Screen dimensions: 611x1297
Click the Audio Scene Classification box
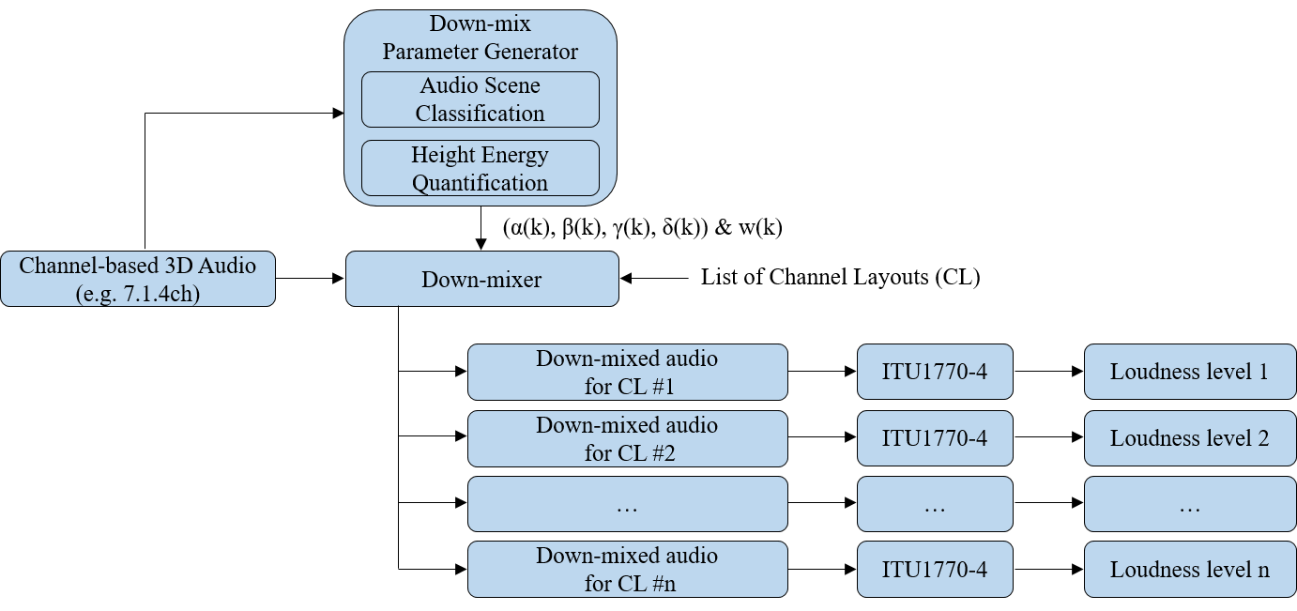click(x=480, y=99)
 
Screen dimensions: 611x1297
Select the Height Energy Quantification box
click(x=480, y=169)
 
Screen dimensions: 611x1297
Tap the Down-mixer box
click(x=481, y=279)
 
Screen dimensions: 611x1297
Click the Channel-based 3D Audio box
click(x=138, y=279)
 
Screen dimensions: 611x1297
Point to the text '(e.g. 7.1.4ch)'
click(x=138, y=293)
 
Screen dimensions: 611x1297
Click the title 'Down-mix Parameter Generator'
click(x=480, y=38)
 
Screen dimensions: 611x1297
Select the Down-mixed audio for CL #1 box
click(x=627, y=373)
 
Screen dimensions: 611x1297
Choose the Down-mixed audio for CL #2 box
click(x=627, y=438)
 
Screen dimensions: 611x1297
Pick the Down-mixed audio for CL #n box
click(x=627, y=569)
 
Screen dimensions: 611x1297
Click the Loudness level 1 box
click(x=1189, y=372)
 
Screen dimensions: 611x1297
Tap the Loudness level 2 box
click(x=1189, y=438)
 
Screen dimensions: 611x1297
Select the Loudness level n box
click(x=1189, y=569)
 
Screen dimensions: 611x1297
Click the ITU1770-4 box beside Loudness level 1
click(x=935, y=372)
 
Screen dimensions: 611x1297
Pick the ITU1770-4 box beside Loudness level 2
click(x=935, y=438)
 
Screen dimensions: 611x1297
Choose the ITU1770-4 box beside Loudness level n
click(x=935, y=569)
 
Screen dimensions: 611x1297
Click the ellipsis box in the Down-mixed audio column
click(x=627, y=504)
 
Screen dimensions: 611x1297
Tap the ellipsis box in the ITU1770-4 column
click(x=935, y=504)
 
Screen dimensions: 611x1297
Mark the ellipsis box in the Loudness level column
click(x=1189, y=504)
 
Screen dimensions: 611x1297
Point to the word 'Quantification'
click(x=480, y=183)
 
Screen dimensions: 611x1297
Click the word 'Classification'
click(x=480, y=114)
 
